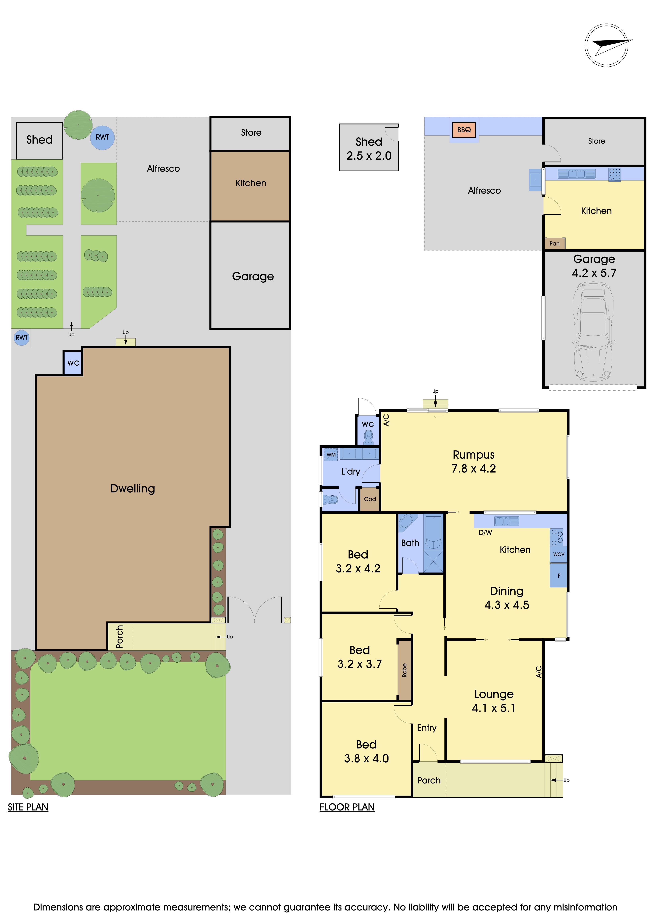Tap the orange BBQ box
[464, 130]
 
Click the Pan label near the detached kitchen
[555, 243]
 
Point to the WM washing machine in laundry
[331, 455]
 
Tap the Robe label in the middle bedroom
[404, 670]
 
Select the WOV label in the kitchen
[559, 554]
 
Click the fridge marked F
[559, 575]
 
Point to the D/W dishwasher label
[485, 533]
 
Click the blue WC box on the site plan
[73, 363]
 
